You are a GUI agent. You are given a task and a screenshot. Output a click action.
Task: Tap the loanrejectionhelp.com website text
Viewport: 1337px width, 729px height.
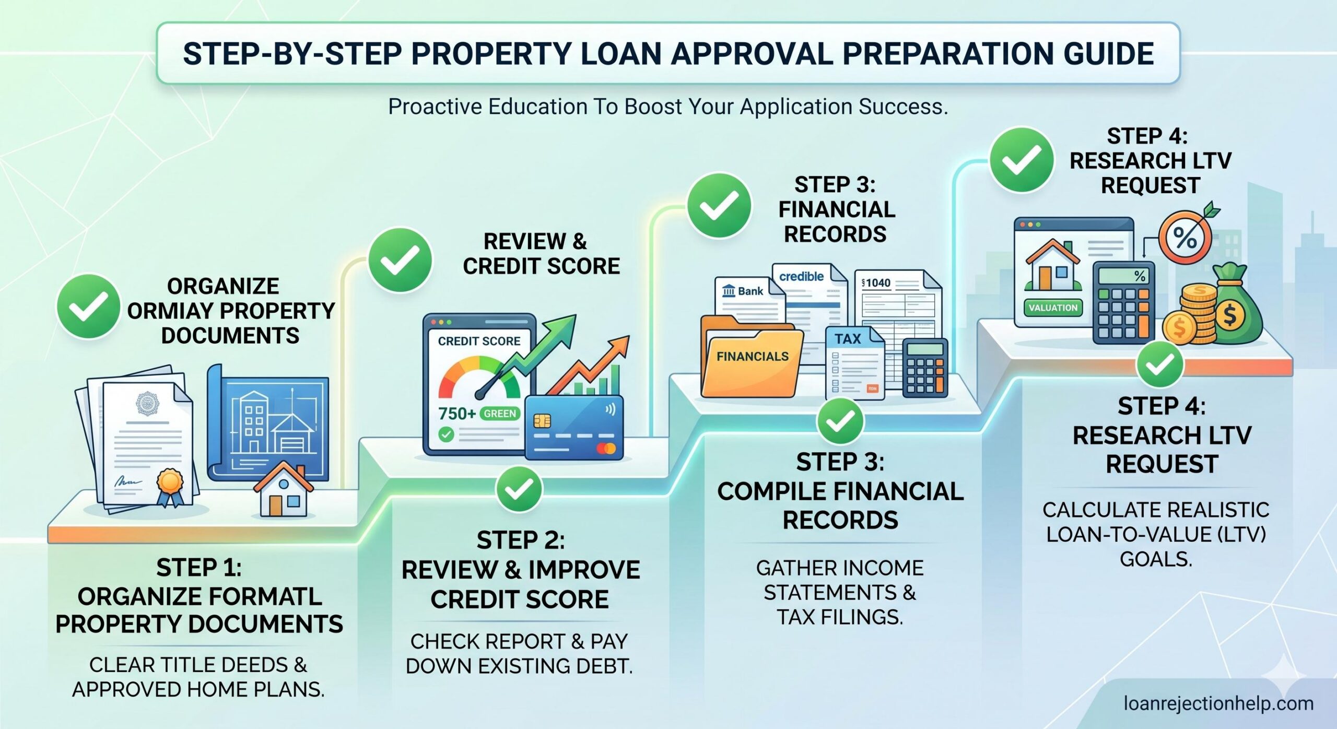coord(1218,703)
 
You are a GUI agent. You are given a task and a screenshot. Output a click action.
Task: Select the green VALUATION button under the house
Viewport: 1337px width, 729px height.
coord(1052,308)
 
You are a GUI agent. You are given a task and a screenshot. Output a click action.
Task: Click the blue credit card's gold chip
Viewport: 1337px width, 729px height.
coord(542,420)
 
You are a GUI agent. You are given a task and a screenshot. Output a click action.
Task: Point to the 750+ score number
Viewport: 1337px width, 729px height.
coord(456,414)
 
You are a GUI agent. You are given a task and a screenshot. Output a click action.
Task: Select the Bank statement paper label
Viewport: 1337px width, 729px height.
coord(744,291)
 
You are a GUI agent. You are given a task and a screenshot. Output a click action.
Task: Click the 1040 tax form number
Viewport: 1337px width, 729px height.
coord(877,283)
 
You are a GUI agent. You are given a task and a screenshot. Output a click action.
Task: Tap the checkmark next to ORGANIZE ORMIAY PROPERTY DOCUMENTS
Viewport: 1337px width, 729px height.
coord(88,305)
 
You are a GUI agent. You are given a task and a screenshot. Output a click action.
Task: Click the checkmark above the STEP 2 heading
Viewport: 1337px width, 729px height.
coord(519,489)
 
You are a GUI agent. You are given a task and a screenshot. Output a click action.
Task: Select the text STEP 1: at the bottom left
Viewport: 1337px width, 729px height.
coord(198,568)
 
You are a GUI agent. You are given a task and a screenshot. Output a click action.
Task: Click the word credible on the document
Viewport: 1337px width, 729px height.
coord(801,276)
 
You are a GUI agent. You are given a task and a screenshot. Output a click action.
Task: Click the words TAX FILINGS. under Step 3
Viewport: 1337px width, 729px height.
coord(840,617)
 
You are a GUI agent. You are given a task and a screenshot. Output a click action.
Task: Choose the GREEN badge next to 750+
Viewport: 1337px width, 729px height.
coord(499,414)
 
